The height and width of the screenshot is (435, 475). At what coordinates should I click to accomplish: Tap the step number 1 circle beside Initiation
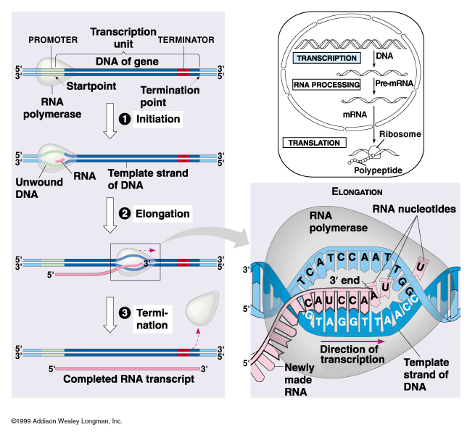125,118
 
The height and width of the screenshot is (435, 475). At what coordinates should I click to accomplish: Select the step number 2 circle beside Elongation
123,213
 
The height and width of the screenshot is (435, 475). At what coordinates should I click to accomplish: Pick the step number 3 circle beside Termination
124,312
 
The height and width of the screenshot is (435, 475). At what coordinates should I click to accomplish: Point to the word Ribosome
401,134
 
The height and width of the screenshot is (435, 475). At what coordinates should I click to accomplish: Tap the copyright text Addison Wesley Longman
66,421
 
